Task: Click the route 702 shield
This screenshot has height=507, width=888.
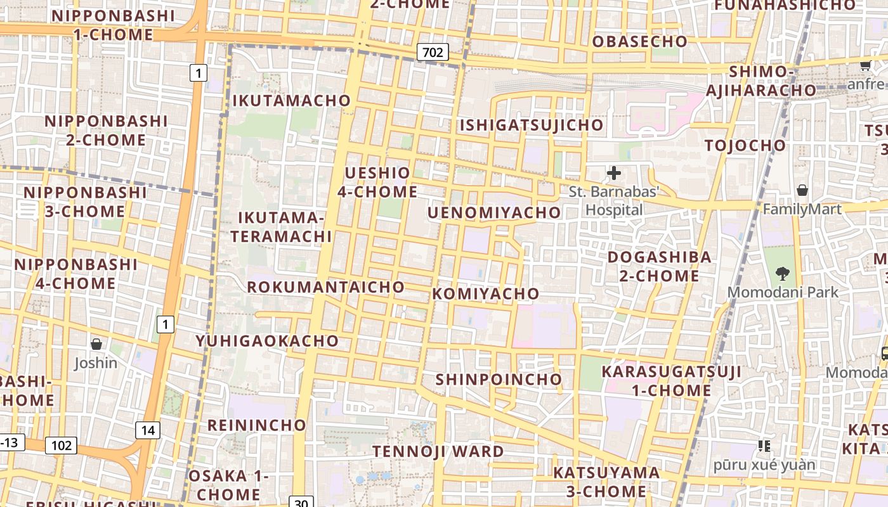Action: (x=433, y=52)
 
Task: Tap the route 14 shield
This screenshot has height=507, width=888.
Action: (x=148, y=431)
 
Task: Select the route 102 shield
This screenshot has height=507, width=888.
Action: (x=61, y=446)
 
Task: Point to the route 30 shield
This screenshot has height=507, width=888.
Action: (x=301, y=503)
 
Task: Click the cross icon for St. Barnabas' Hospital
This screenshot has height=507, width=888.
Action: (x=614, y=173)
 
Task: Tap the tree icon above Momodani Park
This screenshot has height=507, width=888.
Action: (x=783, y=274)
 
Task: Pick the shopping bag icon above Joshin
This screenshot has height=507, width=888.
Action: (x=96, y=344)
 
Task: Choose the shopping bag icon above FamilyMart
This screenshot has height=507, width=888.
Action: (x=802, y=190)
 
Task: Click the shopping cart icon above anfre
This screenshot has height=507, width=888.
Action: (x=865, y=65)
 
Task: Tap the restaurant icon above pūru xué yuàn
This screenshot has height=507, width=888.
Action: (x=764, y=446)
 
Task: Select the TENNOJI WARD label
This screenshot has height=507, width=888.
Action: (x=438, y=452)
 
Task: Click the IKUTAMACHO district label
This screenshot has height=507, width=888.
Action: (x=291, y=100)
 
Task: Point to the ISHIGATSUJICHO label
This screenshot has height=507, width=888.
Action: (x=532, y=125)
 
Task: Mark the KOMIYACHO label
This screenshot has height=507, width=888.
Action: (x=486, y=293)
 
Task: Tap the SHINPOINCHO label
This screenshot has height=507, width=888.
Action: (x=499, y=379)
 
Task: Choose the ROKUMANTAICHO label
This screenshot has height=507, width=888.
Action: (x=325, y=287)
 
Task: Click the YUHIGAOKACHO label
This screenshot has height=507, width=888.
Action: (x=267, y=341)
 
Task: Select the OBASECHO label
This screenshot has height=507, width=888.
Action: (x=639, y=42)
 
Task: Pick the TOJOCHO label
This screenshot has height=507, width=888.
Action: (x=745, y=145)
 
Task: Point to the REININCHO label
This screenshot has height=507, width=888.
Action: (x=257, y=425)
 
